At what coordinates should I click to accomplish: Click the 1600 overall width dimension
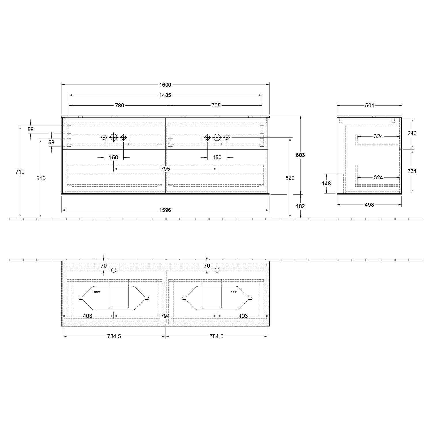(x=165, y=85)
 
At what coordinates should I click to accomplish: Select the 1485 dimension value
(x=165, y=95)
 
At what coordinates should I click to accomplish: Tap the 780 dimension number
(x=120, y=105)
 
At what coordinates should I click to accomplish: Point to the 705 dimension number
(x=216, y=105)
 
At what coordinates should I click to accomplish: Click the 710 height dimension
(x=20, y=172)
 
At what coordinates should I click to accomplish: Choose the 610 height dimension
(x=41, y=178)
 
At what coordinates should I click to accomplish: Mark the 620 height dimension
(x=290, y=178)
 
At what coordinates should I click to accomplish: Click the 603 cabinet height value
(x=300, y=155)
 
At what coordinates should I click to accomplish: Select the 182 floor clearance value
(x=300, y=206)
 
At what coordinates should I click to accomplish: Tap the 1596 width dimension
(x=165, y=210)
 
